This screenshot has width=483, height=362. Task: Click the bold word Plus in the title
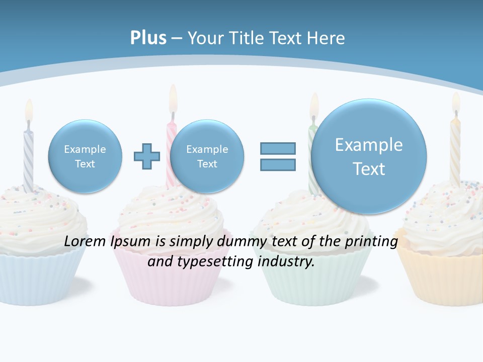tap(148, 38)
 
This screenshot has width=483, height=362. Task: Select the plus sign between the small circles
tap(147, 156)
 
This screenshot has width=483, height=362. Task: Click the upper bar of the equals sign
tap(278, 148)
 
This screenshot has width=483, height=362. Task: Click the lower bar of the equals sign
tap(278, 164)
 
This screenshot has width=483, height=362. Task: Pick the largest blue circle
tap(369, 156)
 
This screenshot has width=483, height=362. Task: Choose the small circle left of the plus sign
tap(85, 156)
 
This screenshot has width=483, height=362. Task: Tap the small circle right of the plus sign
tap(207, 156)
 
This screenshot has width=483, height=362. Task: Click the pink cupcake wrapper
tap(171, 282)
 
